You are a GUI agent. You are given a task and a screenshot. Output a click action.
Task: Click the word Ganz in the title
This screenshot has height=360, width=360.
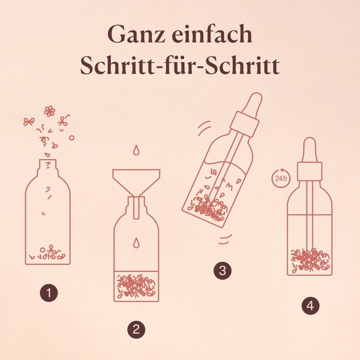click(136, 34)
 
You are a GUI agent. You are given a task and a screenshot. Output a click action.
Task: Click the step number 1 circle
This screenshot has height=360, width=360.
click(49, 292)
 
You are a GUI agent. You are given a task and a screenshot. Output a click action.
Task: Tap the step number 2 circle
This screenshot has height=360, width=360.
click(136, 329)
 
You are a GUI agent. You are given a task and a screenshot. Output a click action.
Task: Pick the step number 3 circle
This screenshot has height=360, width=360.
click(222, 270)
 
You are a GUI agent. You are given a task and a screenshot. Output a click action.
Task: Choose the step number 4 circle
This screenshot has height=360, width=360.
click(310, 305)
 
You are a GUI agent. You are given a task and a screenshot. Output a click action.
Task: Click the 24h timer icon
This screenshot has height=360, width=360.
click(281, 178)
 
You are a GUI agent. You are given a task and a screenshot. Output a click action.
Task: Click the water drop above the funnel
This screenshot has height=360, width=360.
click(136, 150)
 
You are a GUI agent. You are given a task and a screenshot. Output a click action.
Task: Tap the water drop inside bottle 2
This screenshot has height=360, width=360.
click(136, 242)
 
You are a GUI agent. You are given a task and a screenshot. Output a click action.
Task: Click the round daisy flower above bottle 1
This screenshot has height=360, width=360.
click(49, 111)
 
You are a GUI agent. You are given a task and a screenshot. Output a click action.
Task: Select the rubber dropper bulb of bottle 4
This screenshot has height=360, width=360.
click(310, 150)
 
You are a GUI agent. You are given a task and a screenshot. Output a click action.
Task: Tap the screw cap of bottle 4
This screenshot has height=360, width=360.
click(309, 171)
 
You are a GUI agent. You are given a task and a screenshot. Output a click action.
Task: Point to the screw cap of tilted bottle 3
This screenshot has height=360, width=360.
click(244, 124)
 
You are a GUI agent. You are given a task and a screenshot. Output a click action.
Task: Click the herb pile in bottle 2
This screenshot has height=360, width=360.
click(136, 286)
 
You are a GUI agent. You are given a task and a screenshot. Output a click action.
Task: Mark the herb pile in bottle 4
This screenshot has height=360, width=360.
click(310, 260)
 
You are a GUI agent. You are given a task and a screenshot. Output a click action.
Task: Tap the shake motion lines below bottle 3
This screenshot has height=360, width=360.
click(225, 239)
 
